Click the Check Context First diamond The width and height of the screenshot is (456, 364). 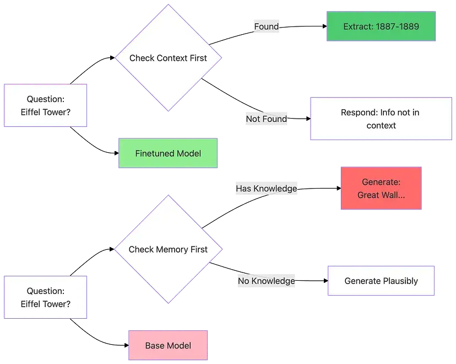click(168, 58)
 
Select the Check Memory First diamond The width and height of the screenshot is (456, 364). click(168, 249)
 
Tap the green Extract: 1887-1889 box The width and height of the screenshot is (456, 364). click(381, 26)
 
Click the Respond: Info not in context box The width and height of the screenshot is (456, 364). click(381, 119)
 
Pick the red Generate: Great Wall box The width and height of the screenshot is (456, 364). click(381, 188)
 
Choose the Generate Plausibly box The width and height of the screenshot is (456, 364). click(381, 281)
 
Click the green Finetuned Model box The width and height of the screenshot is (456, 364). click(168, 153)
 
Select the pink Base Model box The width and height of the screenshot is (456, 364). click(168, 346)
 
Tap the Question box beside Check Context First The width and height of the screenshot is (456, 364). click(46, 106)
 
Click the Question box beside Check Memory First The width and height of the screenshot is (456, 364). click(46, 297)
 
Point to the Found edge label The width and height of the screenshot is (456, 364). click(267, 26)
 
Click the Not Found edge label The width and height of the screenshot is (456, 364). click(267, 119)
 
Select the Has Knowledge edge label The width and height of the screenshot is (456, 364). click(267, 189)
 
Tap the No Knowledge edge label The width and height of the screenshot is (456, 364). click(267, 281)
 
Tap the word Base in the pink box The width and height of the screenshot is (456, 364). click(155, 346)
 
